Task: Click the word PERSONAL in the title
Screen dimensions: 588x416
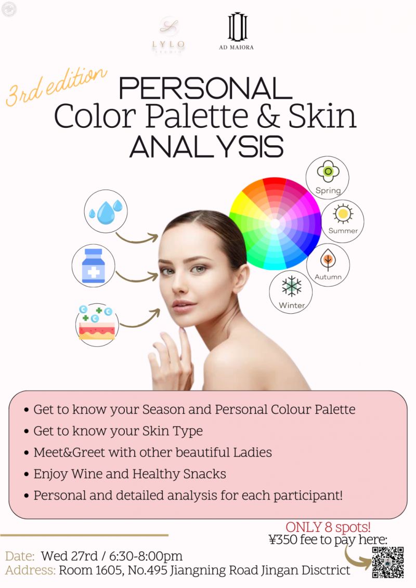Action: click(205, 89)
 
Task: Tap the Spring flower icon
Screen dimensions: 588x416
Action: click(328, 171)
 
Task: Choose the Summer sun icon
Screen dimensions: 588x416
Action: click(343, 213)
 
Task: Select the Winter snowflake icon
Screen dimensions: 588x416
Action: click(291, 287)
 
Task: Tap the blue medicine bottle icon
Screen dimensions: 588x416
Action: click(94, 265)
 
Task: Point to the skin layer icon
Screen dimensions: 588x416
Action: click(97, 324)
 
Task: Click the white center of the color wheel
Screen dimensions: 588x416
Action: click(275, 224)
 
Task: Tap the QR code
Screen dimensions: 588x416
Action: click(388, 562)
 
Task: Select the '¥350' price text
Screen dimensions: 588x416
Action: click(283, 540)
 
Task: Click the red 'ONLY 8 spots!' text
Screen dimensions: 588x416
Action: click(328, 527)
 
